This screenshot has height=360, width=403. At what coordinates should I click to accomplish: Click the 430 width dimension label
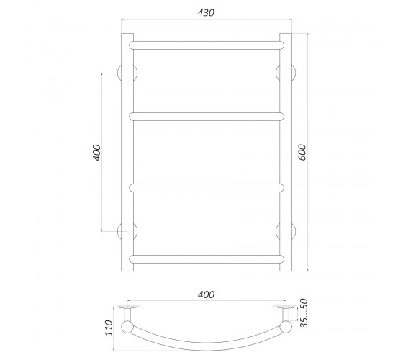(x=206, y=13)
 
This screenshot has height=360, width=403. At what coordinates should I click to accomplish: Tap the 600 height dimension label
(x=302, y=152)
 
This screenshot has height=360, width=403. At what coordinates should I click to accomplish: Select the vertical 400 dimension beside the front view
(x=97, y=153)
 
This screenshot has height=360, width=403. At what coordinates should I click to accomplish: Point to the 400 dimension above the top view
(x=206, y=294)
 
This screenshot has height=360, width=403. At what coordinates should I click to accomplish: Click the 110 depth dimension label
(x=109, y=328)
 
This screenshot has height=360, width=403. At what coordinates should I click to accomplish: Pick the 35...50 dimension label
(x=304, y=313)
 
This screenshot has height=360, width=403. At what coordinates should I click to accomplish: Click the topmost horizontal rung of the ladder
(x=207, y=45)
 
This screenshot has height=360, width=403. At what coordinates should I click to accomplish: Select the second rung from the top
(x=207, y=117)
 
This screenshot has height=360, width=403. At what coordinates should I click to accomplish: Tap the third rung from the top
(x=207, y=188)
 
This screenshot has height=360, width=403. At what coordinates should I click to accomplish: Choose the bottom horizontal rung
(x=207, y=259)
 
